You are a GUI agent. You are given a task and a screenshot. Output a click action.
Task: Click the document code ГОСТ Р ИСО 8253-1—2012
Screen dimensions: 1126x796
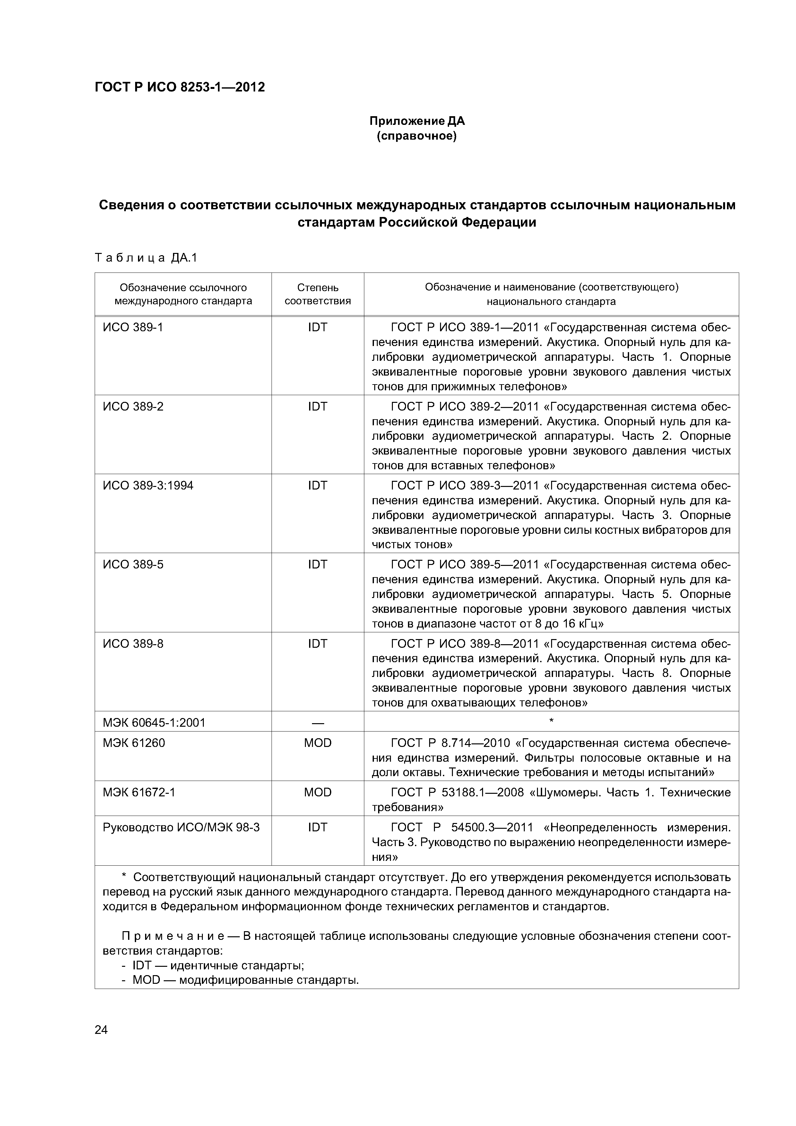[x=179, y=87]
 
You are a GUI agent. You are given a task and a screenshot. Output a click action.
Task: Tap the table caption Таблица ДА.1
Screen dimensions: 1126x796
[x=146, y=258]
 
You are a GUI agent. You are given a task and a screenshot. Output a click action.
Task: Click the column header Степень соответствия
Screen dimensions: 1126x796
[x=317, y=294]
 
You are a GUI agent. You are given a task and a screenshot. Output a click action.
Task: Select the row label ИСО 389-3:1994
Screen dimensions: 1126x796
[x=148, y=486]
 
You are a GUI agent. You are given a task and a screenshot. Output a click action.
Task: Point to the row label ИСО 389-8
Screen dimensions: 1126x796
[x=133, y=644]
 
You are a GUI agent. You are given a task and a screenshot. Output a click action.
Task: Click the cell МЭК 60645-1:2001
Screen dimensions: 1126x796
[x=154, y=723]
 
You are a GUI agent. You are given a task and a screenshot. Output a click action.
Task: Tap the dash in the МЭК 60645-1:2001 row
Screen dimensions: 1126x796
[x=317, y=723]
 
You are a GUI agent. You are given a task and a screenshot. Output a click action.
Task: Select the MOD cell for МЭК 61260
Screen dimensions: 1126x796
[x=317, y=743]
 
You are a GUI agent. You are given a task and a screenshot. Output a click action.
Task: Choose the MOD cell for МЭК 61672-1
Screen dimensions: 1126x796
[x=317, y=793]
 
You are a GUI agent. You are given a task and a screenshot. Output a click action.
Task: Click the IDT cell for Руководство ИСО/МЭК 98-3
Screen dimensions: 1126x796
[x=317, y=827]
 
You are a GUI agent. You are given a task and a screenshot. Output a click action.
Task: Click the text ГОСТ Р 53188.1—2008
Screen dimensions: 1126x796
[x=457, y=793]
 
